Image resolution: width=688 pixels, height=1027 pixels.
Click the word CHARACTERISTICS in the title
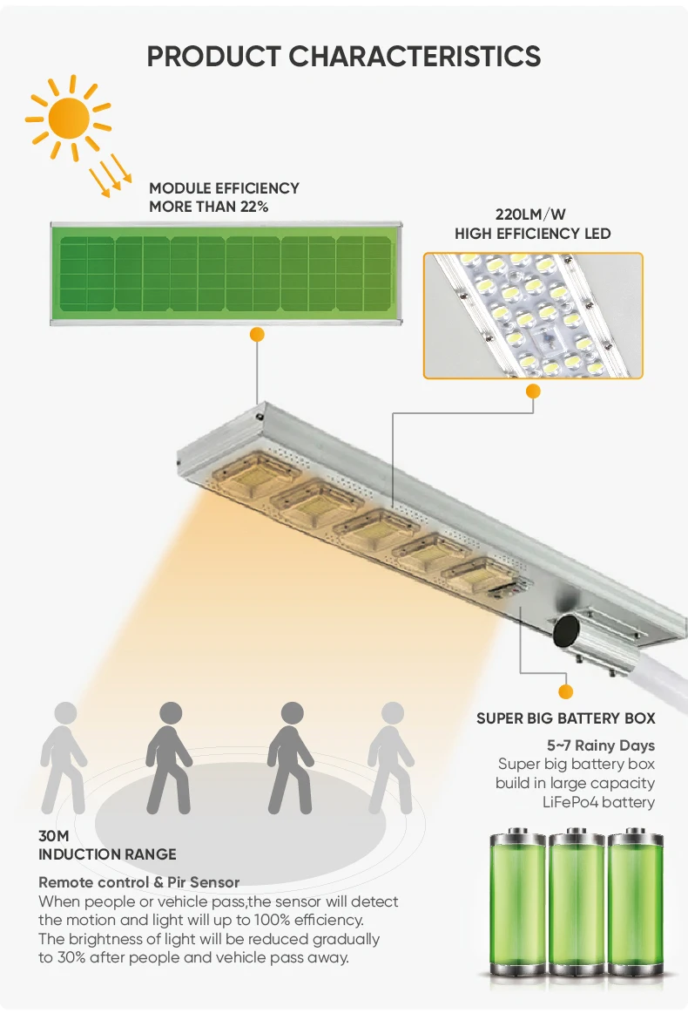(415, 56)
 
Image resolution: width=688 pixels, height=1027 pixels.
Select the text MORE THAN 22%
(208, 207)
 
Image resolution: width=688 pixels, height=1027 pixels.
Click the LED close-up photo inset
(533, 316)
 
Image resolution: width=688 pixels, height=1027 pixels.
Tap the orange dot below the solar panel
(256, 334)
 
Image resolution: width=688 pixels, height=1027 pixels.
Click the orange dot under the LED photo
(533, 391)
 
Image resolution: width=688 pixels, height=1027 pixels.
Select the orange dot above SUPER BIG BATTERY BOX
(566, 692)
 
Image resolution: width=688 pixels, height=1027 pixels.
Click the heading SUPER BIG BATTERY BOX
(565, 718)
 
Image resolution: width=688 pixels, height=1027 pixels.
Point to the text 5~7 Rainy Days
(600, 745)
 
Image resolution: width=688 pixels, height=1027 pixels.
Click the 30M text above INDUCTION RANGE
(53, 836)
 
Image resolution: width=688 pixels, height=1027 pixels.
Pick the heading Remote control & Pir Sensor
(138, 882)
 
